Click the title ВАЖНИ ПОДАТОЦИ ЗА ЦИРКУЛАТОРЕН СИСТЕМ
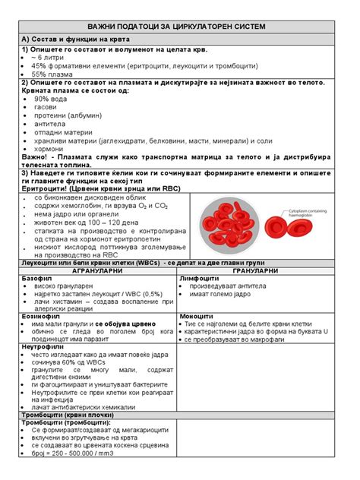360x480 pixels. pyautogui.click(x=180, y=27)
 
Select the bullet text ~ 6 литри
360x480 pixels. pyautogui.click(x=47, y=57)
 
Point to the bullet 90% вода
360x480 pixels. pyautogui.click(x=51, y=99)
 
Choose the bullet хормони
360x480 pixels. pyautogui.click(x=49, y=149)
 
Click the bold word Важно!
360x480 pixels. pyautogui.click(x=36, y=157)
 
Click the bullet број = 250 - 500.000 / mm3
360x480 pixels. pyautogui.click(x=76, y=455)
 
